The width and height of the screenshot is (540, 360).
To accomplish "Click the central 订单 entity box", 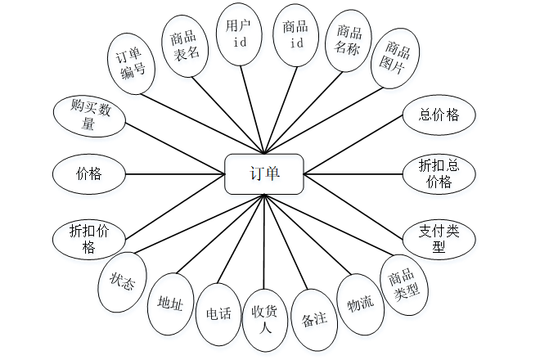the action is (263, 173).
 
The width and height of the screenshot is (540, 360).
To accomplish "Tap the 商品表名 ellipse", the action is (187, 46).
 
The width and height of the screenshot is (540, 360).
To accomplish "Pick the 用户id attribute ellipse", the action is (240, 34).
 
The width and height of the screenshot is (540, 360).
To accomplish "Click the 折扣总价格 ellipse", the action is (439, 173).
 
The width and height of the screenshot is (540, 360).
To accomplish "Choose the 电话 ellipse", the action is (218, 313).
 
